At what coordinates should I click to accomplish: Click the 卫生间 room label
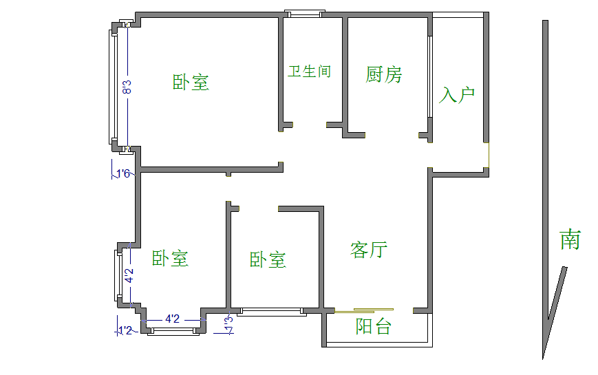pos(309,71)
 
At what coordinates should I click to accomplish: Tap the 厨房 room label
pos(384,74)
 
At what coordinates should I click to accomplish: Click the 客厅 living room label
pos(369,249)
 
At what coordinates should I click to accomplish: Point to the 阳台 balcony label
pos(373,327)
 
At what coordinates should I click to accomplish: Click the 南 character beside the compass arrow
pos(570,240)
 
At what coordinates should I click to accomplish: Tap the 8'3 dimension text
pos(127,87)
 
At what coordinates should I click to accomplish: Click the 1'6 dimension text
pos(123,173)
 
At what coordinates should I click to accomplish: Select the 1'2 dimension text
pos(125,331)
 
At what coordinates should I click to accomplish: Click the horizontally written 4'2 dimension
pos(172,319)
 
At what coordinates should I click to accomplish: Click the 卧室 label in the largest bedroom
pos(191,83)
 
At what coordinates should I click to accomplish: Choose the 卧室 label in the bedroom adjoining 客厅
pos(268,259)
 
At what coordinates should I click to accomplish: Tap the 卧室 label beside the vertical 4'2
pos(170,259)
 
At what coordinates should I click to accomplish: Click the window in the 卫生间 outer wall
pos(303,13)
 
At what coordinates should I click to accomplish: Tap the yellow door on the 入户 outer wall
pos(489,156)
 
